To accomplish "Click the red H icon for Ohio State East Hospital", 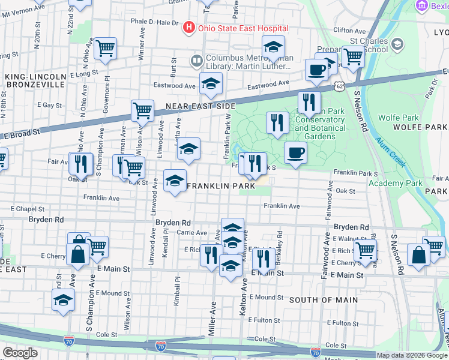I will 189,28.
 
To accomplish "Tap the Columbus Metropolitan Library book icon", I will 196,60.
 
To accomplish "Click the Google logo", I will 20,353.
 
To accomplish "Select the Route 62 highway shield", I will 340,87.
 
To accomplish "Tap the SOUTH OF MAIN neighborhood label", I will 324,299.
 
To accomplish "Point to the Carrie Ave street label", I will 191,233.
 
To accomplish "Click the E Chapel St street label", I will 28,209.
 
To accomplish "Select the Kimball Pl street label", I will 177,291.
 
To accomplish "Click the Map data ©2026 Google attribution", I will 412,355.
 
